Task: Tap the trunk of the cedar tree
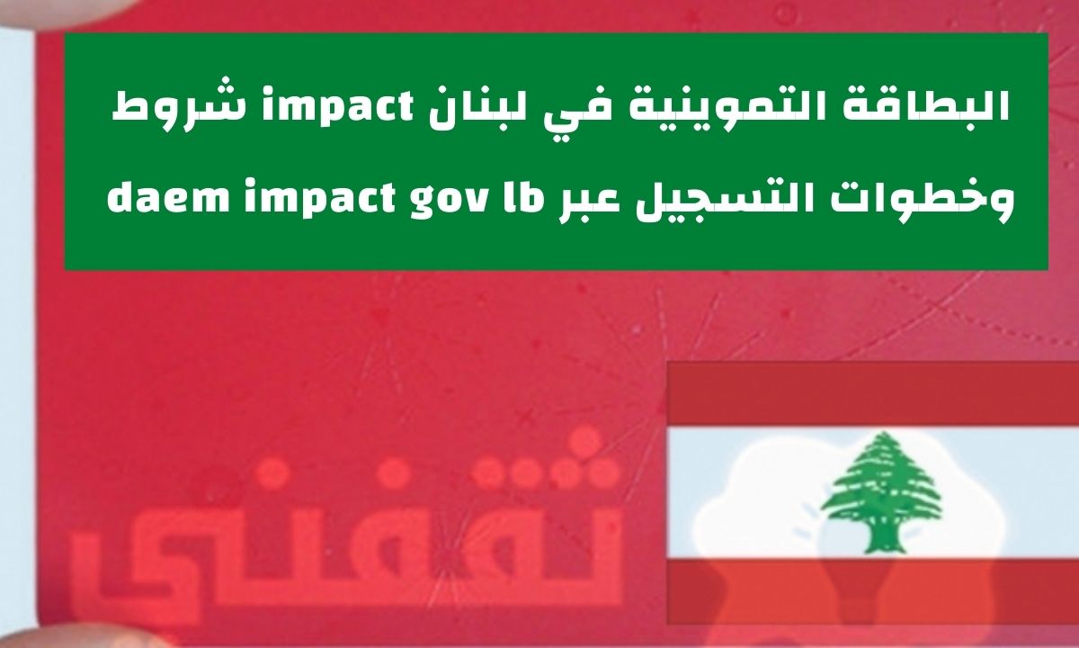(x=881, y=539)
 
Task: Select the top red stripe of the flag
(x=873, y=394)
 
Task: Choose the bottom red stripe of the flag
(x=873, y=591)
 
